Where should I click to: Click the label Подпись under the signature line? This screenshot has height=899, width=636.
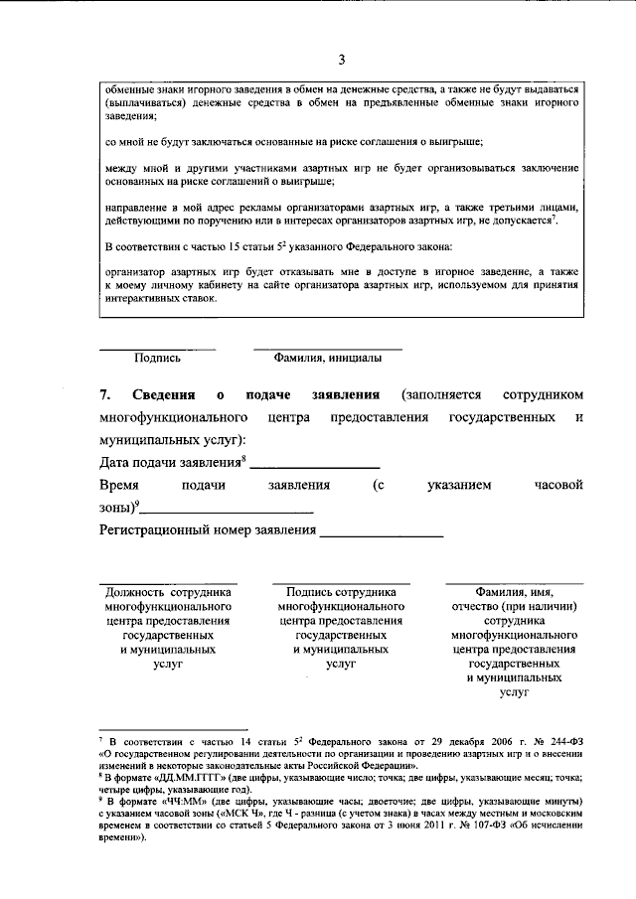[x=157, y=359]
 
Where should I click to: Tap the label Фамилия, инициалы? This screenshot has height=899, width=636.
[x=327, y=359]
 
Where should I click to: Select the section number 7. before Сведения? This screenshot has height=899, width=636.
[x=107, y=395]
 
